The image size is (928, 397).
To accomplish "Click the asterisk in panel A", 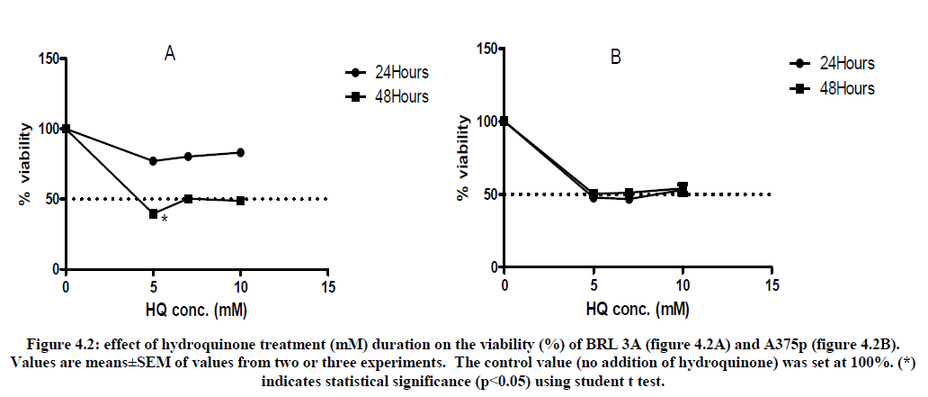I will pos(164,219).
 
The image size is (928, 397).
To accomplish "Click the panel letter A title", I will pos(169,54).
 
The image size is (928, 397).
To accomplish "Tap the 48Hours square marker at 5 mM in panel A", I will pos(153,213).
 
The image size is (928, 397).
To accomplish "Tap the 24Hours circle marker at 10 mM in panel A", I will pos(240,152).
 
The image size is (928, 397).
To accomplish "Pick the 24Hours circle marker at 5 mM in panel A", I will pos(153,161).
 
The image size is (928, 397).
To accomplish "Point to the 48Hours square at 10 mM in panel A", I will pos(240,200).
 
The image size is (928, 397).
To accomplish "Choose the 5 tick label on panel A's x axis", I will pos(153,286).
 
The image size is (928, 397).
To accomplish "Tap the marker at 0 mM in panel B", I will pos(504,121).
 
